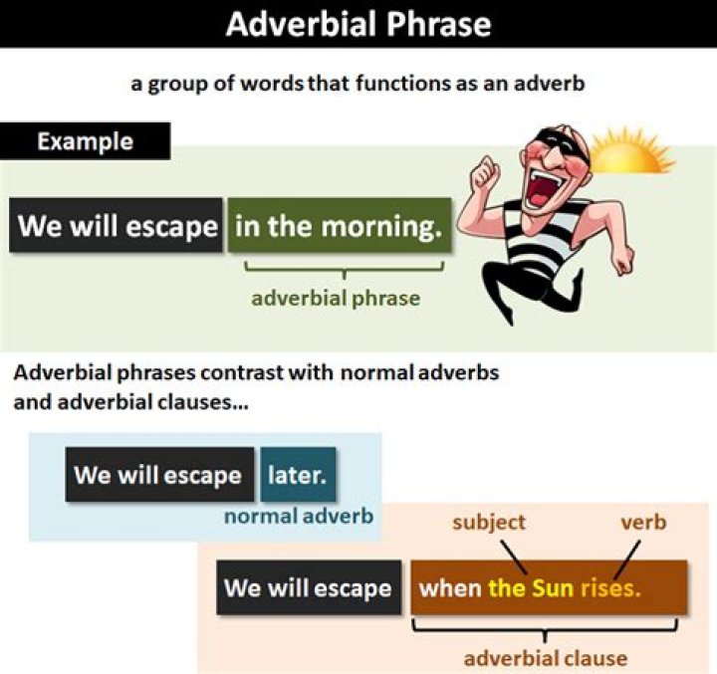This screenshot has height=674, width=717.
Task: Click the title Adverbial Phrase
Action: click(358, 24)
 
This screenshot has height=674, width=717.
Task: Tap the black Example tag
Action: click(85, 141)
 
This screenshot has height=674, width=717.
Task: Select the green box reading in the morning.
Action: click(339, 226)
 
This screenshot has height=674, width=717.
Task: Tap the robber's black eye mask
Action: click(542, 140)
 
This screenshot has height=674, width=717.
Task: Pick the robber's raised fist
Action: click(485, 174)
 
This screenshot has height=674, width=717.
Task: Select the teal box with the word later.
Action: click(298, 474)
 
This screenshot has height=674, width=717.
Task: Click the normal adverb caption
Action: click(299, 517)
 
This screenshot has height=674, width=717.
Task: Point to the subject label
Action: click(489, 523)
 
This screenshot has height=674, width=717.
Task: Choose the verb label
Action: click(642, 523)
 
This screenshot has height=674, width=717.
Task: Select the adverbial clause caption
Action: click(546, 658)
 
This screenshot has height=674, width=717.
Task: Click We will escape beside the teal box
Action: click(157, 474)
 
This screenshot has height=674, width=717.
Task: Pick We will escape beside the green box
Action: click(118, 226)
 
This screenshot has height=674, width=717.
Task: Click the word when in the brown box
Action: click(450, 587)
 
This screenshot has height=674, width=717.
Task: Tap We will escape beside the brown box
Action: click(308, 587)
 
